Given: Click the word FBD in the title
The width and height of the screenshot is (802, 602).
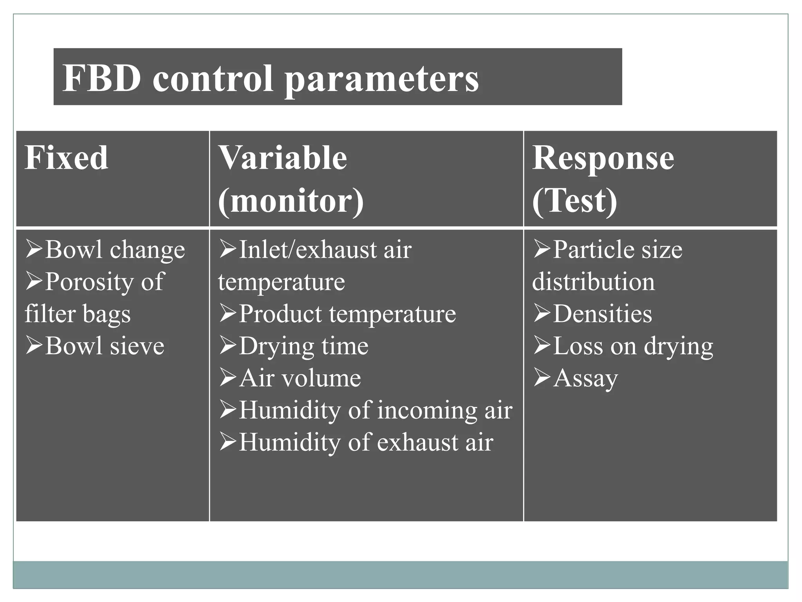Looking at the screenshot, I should pos(102,78).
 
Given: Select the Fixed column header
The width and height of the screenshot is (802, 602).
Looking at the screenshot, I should pos(66,158).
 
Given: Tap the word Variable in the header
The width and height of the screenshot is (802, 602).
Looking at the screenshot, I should pos(283,158).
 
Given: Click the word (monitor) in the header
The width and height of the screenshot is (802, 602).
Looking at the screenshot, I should pos(291,201).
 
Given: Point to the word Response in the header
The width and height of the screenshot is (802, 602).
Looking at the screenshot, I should pos(603,158).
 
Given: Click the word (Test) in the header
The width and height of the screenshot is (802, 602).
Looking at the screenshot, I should pos(574,201).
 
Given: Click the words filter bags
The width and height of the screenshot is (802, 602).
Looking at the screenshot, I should pos(78,314).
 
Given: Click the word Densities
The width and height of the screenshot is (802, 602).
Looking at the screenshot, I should pos(602,314).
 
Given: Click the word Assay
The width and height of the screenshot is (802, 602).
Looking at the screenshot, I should pos(585,378).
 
